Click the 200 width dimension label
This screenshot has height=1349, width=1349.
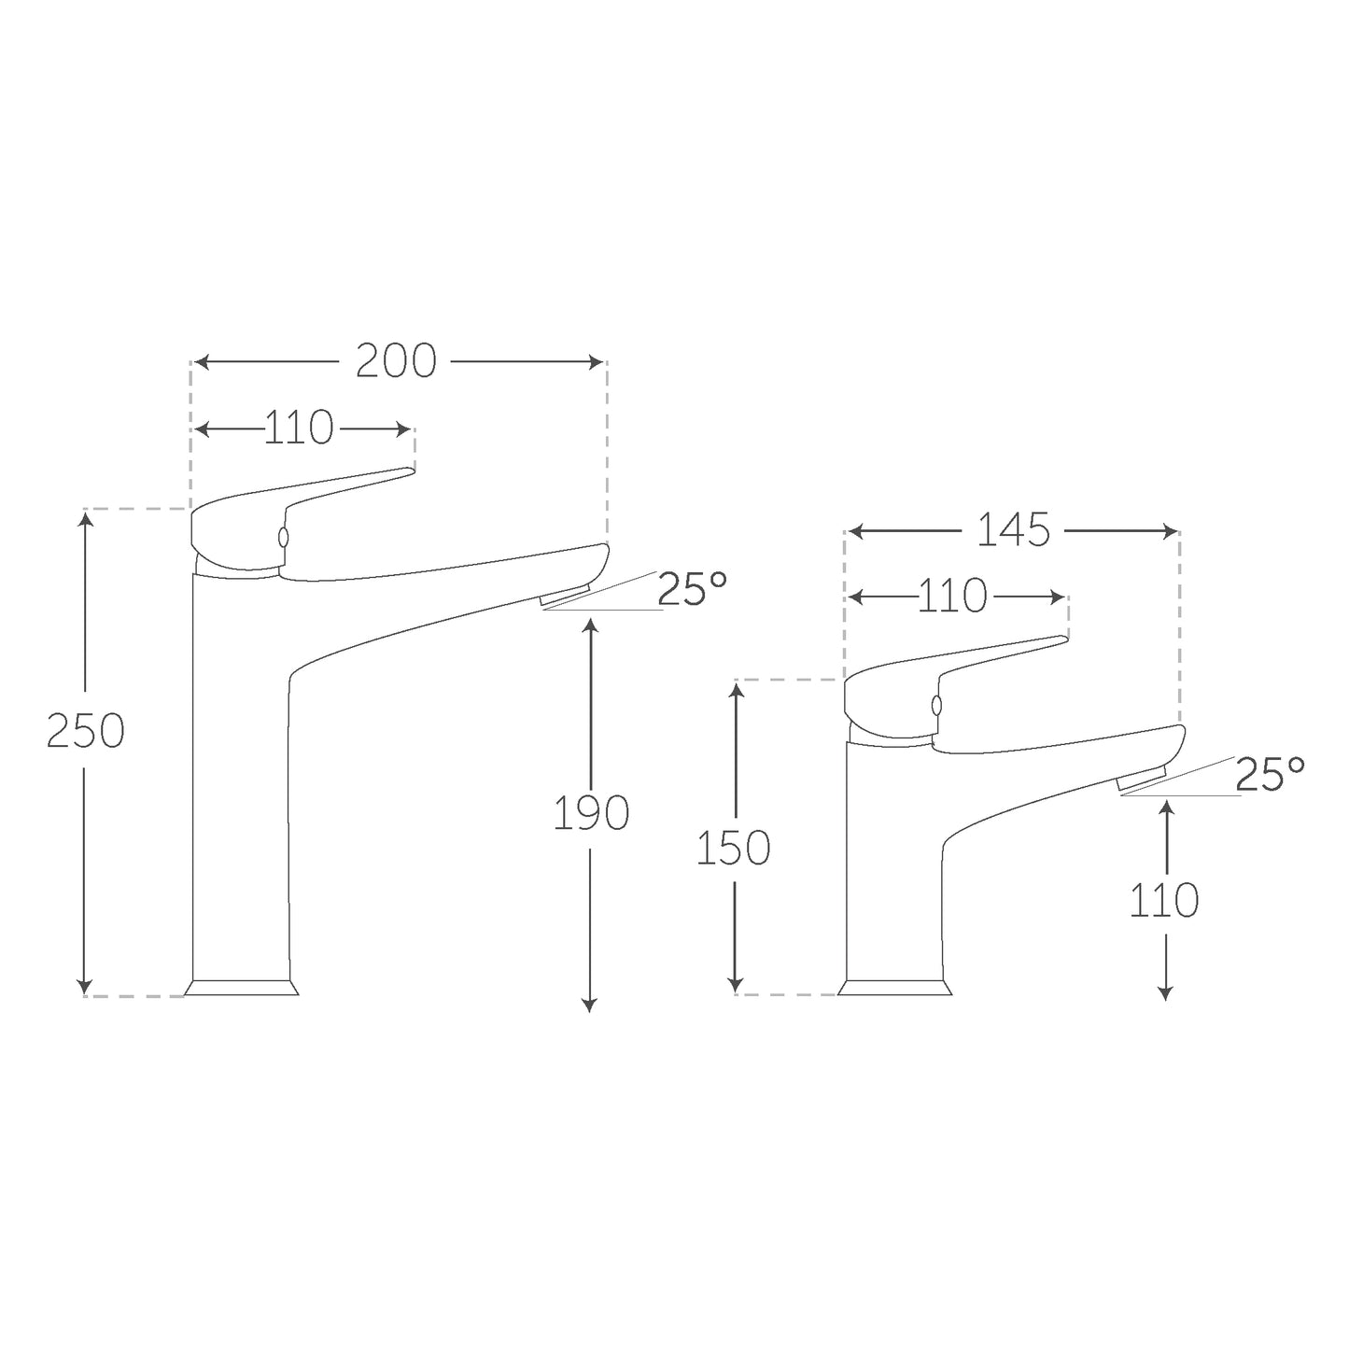point(396,361)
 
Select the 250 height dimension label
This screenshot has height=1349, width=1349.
point(85,730)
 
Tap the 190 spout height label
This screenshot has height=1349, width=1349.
point(592,813)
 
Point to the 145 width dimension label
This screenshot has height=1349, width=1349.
point(1013,530)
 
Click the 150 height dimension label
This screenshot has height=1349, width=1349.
point(733,848)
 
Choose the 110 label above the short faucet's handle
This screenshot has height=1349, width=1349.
point(952,596)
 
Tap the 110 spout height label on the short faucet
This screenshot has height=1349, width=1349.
point(1164,900)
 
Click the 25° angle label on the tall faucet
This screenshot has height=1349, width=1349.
point(692,588)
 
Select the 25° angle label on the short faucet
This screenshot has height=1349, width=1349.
point(1270,773)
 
